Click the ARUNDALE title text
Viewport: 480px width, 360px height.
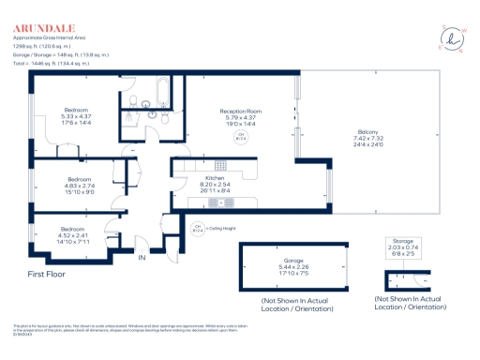tap(42, 27)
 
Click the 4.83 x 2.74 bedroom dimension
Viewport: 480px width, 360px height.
tap(80, 186)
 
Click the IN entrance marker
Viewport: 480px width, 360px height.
tap(142, 257)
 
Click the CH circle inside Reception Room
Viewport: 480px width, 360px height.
tap(238, 137)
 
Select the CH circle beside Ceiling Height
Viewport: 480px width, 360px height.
tap(199, 228)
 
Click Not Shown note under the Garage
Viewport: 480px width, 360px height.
tap(296, 304)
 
